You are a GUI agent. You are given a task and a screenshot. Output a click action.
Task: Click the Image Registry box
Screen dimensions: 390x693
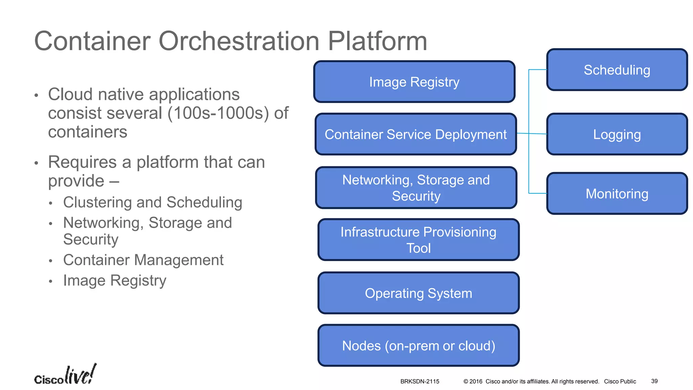click(414, 82)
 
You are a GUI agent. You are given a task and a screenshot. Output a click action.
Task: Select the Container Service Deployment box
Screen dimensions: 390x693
click(416, 134)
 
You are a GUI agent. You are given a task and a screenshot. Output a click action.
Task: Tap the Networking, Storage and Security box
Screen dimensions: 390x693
click(416, 188)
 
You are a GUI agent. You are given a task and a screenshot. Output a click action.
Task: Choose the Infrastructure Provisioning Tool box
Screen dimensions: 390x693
click(418, 240)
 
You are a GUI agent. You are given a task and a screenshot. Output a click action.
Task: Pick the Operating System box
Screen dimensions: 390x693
click(418, 293)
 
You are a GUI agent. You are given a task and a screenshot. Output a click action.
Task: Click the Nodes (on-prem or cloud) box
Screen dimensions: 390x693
click(418, 346)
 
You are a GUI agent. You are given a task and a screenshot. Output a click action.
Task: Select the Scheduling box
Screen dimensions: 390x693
click(617, 70)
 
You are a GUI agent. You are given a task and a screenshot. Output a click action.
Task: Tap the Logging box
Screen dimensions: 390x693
click(617, 134)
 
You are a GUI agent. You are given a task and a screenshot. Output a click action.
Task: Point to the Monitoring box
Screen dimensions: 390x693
click(617, 194)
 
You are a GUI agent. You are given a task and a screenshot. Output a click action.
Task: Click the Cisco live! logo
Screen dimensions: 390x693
click(65, 375)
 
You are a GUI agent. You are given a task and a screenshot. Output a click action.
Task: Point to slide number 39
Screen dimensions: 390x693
click(654, 381)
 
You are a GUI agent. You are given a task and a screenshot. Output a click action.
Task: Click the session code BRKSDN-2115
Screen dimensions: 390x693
click(420, 382)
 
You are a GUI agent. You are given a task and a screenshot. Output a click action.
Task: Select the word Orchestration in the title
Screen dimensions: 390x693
click(239, 41)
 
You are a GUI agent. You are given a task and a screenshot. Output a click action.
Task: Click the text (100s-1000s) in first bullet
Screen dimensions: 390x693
click(218, 113)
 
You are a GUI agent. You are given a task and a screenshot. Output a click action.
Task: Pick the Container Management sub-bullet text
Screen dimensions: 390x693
click(143, 260)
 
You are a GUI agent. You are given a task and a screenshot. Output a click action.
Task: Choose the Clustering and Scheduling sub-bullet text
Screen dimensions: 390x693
click(153, 202)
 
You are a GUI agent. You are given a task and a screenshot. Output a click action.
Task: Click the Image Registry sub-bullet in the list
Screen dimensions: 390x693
click(115, 281)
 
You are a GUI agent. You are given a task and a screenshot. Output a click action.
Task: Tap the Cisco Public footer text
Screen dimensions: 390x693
click(620, 382)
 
